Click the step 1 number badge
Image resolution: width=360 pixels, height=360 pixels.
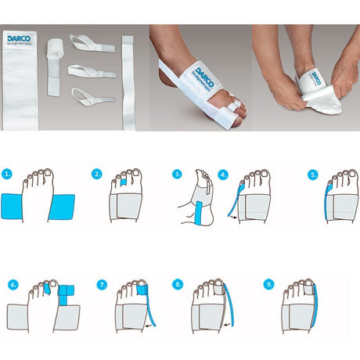pyautogui.click(x=7, y=174)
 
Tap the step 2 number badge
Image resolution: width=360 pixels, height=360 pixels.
pyautogui.click(x=97, y=174)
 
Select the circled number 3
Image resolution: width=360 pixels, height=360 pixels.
pyautogui.click(x=177, y=174)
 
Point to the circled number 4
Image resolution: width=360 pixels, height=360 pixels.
pyautogui.click(x=223, y=174)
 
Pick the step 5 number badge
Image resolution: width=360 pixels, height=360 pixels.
pyautogui.click(x=313, y=174)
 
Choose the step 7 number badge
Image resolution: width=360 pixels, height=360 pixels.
pyautogui.click(x=103, y=285)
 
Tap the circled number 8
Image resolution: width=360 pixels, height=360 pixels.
pyautogui.click(x=178, y=285)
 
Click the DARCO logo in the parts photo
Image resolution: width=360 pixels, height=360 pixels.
pyautogui.click(x=19, y=37)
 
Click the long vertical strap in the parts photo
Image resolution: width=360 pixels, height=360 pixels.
pyautogui.click(x=128, y=82)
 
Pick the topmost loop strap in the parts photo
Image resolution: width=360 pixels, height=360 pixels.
pyautogui.click(x=91, y=44)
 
